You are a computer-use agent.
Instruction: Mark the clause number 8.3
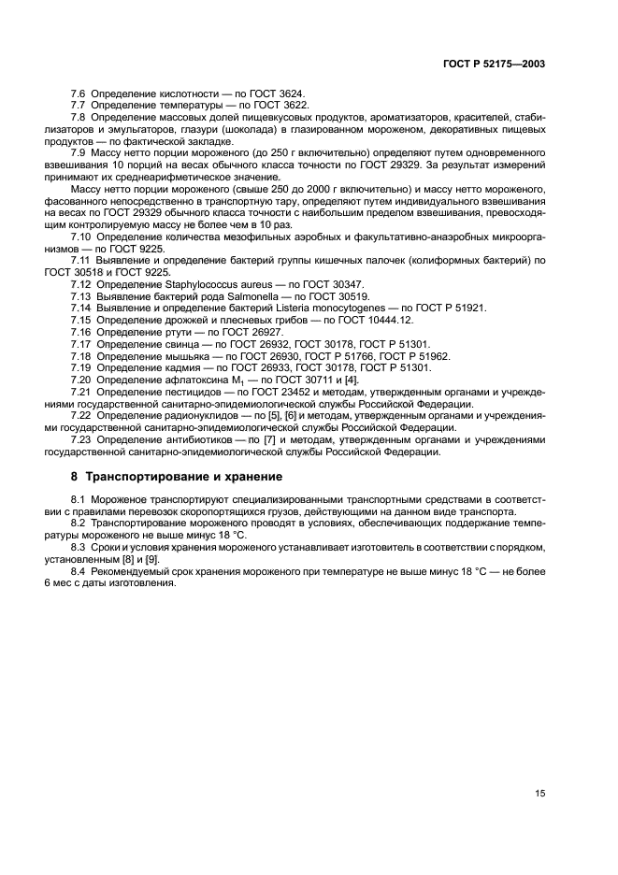(x=81, y=545)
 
